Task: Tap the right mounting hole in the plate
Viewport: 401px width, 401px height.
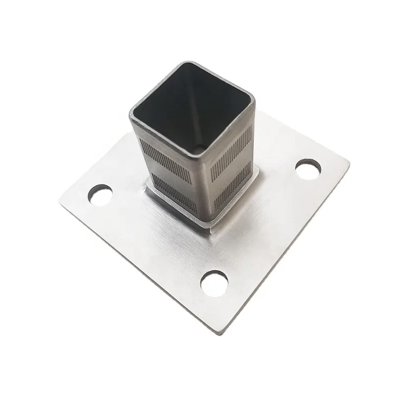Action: coord(308,169)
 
